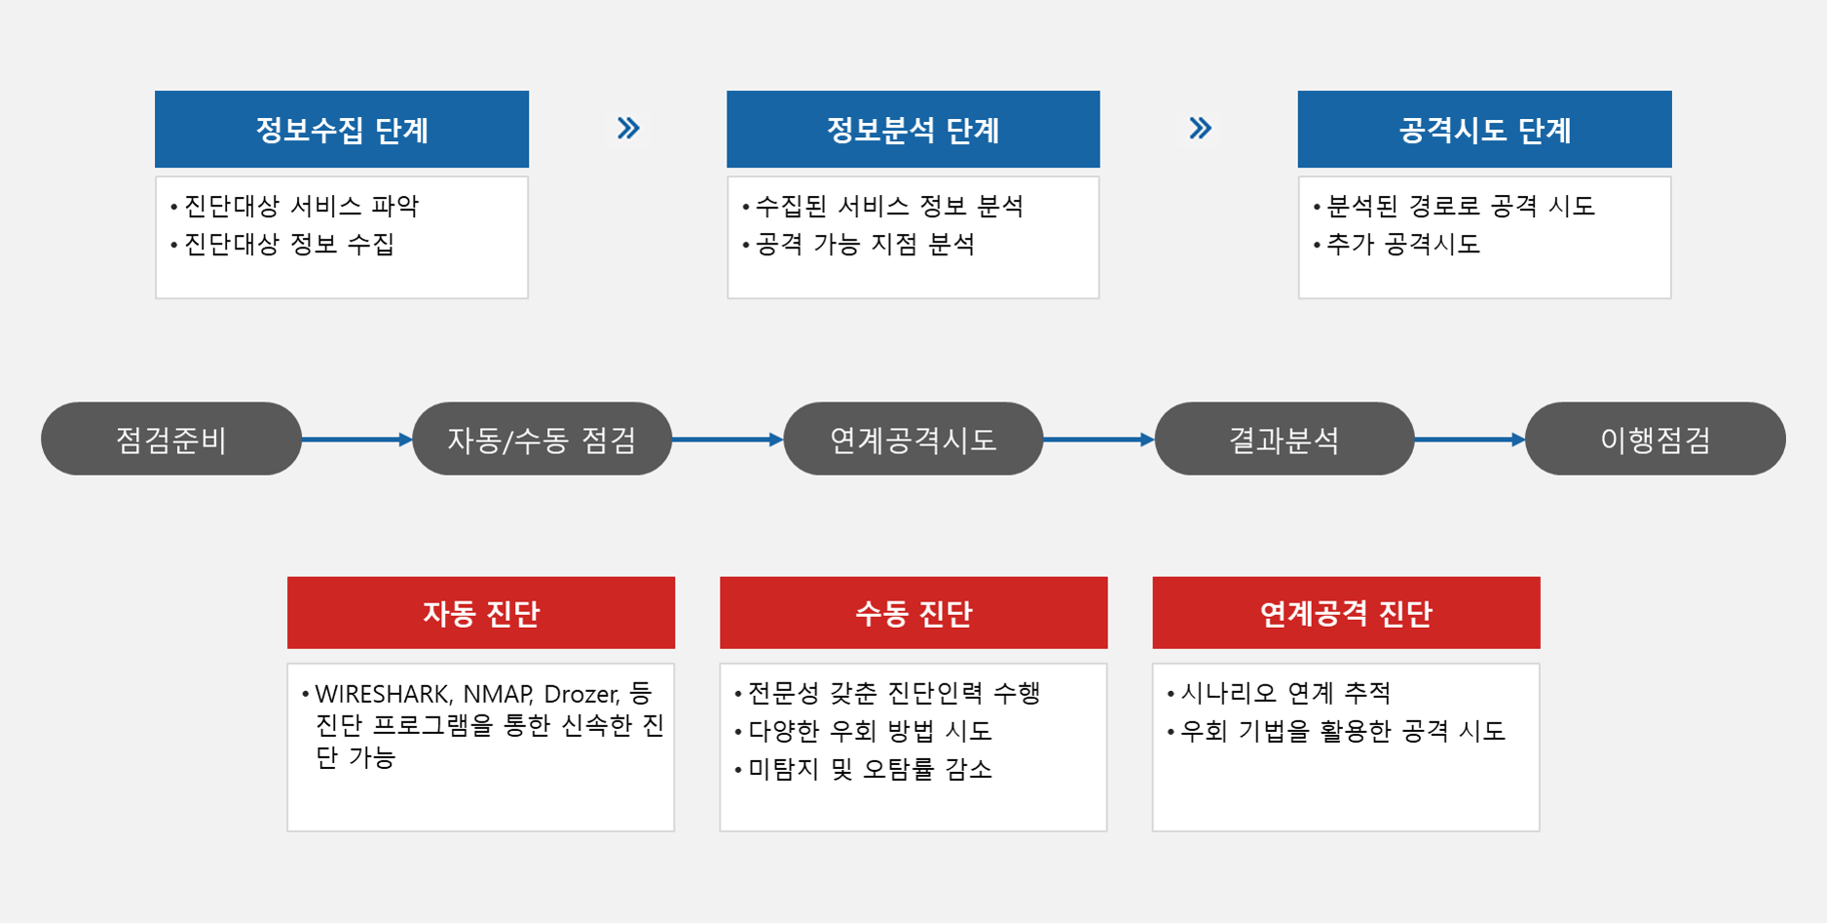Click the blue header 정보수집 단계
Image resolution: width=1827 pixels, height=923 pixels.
point(342,130)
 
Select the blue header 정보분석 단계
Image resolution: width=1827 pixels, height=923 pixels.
point(913,130)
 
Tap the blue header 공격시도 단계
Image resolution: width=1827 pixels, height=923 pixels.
point(1484,130)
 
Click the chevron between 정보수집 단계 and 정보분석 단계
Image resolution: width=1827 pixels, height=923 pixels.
point(628,129)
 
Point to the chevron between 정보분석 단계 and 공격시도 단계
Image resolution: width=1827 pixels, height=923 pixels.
point(1200,129)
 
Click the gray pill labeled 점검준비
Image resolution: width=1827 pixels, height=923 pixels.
point(171,439)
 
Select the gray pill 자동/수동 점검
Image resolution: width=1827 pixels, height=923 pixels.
point(542,439)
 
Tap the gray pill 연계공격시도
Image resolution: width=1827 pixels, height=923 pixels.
point(913,439)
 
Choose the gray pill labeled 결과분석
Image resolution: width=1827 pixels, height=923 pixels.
point(1285,439)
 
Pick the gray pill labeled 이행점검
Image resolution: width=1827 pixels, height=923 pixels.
point(1656,439)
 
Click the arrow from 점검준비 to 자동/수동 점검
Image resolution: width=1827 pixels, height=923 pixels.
point(357,440)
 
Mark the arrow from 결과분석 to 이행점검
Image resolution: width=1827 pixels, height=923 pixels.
point(1471,440)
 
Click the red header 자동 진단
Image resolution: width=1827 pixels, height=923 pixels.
point(481,613)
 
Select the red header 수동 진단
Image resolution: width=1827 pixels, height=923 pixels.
point(913,613)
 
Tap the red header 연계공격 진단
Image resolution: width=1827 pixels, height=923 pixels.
point(1346,613)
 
